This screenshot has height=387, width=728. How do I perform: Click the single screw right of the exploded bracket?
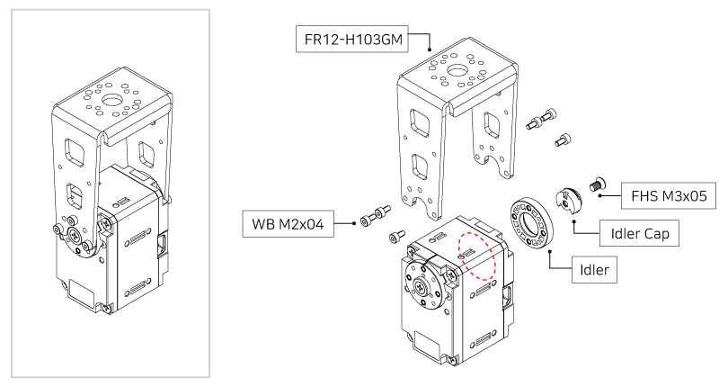(562, 139)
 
